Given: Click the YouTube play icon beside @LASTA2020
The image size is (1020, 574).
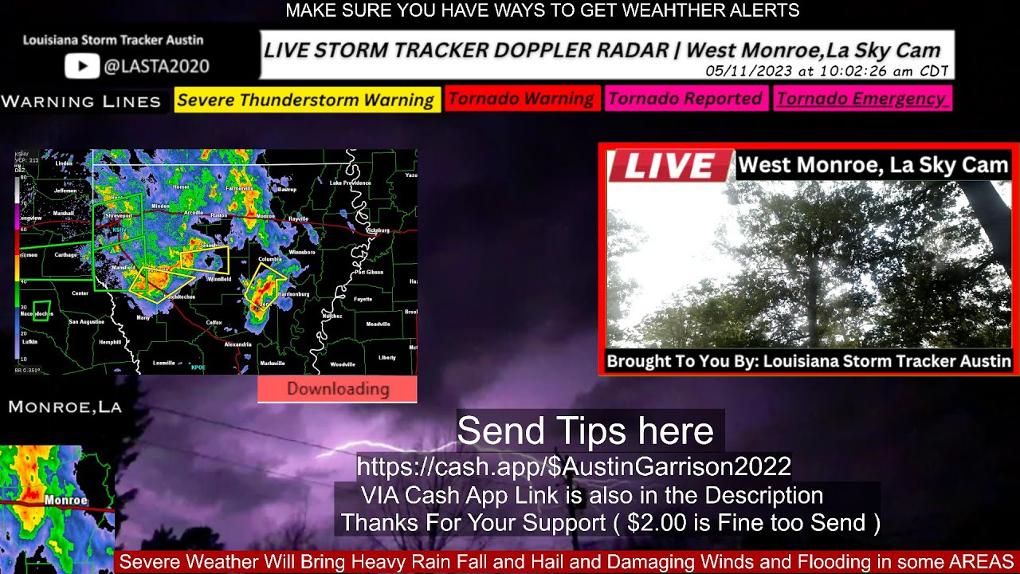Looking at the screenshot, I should point(81,65).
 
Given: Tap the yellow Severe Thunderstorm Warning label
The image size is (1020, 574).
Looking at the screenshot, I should point(306,100).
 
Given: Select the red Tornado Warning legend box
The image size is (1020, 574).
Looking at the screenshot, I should point(521,99).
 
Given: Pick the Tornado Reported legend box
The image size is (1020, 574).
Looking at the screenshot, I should point(685,99).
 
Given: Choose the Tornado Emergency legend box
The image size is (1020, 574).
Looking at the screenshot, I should point(861,99).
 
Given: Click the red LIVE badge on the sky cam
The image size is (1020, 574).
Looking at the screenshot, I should point(668,166).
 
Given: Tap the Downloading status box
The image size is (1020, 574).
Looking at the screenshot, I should point(337,389).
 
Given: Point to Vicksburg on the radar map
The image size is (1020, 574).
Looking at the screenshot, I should point(377,230).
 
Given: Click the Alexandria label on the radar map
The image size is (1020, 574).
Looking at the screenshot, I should point(237,344).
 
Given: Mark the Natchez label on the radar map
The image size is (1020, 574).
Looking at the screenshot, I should point(331,316).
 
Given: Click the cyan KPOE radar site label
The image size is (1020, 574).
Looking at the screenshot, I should point(198,368).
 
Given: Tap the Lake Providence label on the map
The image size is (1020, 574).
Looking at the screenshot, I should point(351,183).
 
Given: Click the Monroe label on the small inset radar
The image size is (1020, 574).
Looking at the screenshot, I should point(65,501).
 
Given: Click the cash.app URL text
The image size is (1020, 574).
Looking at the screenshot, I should point(573,466).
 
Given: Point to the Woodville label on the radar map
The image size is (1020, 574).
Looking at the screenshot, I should point(343,364).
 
